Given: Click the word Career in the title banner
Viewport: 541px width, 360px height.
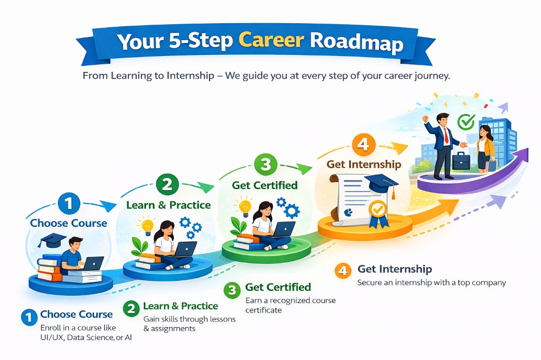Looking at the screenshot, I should point(270,42).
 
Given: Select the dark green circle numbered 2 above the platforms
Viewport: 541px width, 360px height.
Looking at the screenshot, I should point(167,185).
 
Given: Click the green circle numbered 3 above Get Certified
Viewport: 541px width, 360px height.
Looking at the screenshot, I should point(266,164).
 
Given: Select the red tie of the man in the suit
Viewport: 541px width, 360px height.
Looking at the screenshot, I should point(446,136).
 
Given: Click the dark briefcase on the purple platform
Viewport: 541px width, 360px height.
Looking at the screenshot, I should point(461,162).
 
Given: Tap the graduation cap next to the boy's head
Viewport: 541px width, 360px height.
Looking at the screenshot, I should point(51,240).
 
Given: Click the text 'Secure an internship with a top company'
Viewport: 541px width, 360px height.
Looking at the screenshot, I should point(432,282).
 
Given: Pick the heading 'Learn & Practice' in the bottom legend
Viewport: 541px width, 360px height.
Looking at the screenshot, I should point(180,306).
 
